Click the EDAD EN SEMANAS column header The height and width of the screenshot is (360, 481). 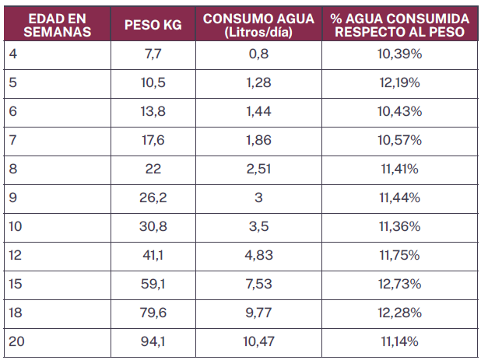pyautogui.click(x=54, y=26)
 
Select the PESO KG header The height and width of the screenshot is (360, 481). pyautogui.click(x=153, y=26)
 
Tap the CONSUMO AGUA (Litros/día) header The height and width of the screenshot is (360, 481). pyautogui.click(x=258, y=26)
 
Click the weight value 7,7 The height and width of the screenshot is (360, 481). pyautogui.click(x=153, y=54)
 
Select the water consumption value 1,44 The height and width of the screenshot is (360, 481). pyautogui.click(x=258, y=112)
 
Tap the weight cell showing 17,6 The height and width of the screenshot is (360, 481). pyautogui.click(x=153, y=141)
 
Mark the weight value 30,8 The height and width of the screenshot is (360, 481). pyautogui.click(x=153, y=226)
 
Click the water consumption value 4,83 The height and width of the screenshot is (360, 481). pyautogui.click(x=258, y=255)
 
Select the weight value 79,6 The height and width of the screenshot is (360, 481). pyautogui.click(x=153, y=313)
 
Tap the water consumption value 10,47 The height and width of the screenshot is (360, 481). pyautogui.click(x=258, y=341)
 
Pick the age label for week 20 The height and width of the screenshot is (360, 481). pyautogui.click(x=16, y=341)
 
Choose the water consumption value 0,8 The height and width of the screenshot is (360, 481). pyautogui.click(x=258, y=54)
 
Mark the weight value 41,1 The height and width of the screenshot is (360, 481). pyautogui.click(x=153, y=255)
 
